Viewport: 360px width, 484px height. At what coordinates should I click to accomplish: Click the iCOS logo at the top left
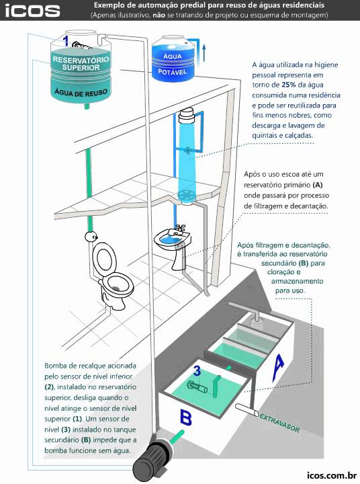coord(32,10)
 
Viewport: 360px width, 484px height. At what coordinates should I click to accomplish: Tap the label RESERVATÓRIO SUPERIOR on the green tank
coord(81,64)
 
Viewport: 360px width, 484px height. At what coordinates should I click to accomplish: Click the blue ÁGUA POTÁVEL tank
coord(176,61)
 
